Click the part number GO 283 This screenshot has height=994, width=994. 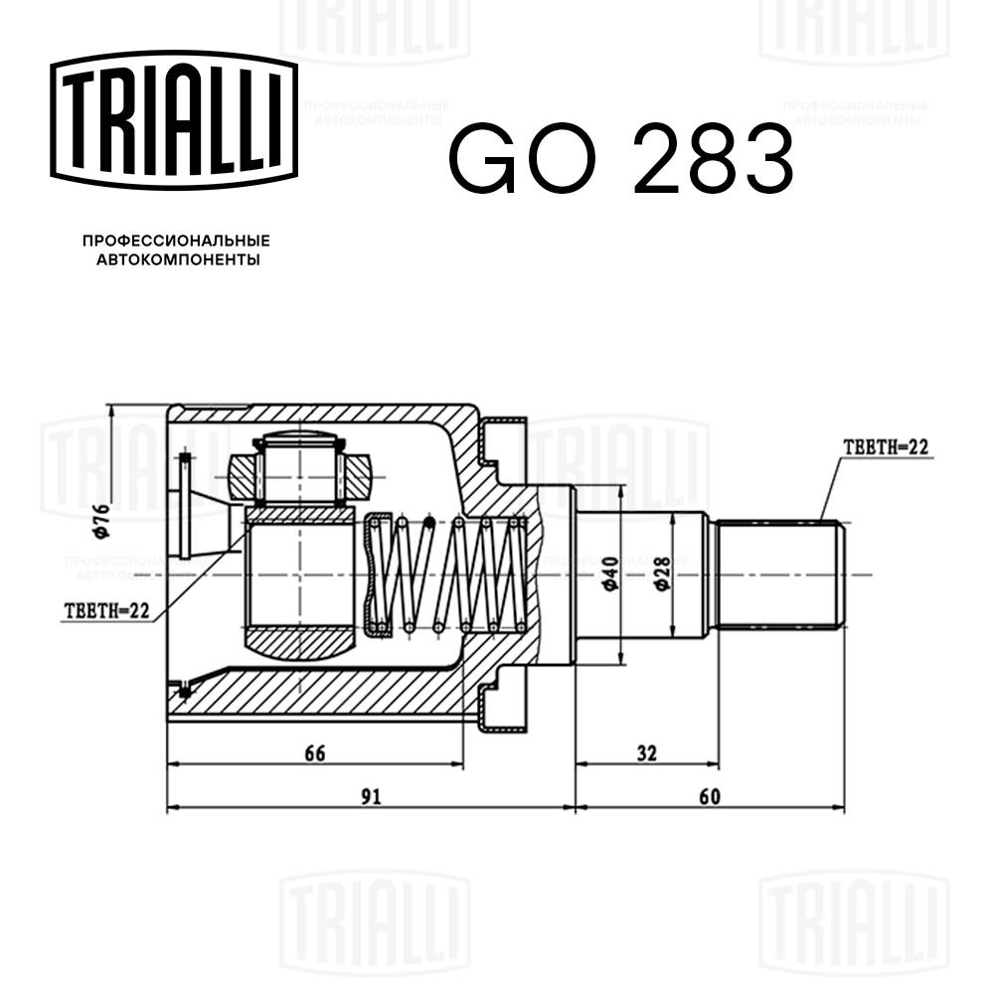pyautogui.click(x=620, y=159)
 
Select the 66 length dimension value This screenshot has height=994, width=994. pyautogui.click(x=315, y=752)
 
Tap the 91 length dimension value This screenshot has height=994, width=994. pyautogui.click(x=370, y=796)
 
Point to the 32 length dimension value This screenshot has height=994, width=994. pyautogui.click(x=647, y=752)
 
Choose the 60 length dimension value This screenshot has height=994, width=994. pyautogui.click(x=709, y=796)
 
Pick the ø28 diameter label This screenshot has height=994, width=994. pyautogui.click(x=661, y=574)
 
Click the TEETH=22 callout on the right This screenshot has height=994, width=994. pyautogui.click(x=884, y=448)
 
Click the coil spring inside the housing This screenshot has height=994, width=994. pyautogui.click(x=447, y=575)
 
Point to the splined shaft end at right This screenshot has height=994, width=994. pyautogui.click(x=780, y=575)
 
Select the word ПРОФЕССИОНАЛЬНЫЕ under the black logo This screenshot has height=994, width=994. pyautogui.click(x=176, y=241)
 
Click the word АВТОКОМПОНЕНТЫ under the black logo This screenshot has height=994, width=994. pyautogui.click(x=176, y=259)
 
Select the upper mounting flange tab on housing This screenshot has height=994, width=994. pyautogui.click(x=501, y=441)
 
